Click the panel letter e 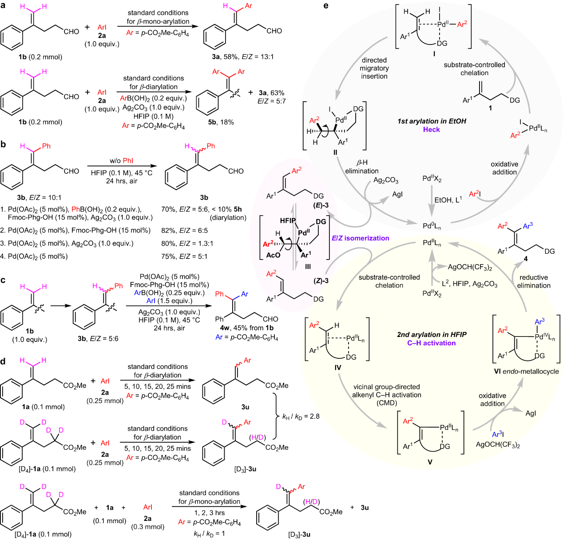coord(326,6)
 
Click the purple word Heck coord(431,129)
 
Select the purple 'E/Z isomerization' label coord(360,238)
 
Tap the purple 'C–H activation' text coord(431,343)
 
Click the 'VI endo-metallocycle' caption coord(526,371)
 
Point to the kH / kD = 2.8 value coord(301,416)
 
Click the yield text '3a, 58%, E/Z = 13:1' coord(243,57)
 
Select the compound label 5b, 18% coord(221,122)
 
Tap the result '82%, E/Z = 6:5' coord(184,230)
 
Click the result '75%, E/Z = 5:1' coord(184,256)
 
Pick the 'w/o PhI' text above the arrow coord(121,160)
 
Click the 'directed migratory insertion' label coord(374,68)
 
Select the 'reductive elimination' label coord(534,281)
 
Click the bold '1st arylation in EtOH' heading coord(432,121)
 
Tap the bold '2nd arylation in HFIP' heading coord(432,334)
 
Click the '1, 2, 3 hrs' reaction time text coord(209,513)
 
